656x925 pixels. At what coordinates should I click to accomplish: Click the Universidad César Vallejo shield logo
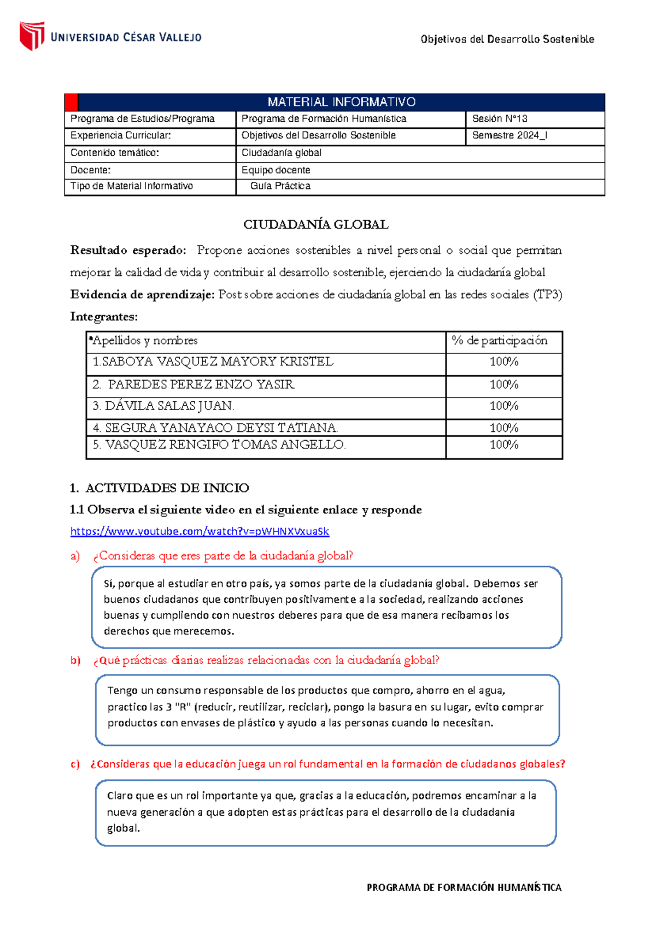(x=32, y=36)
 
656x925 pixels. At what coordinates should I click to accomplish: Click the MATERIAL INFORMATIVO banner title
(x=341, y=102)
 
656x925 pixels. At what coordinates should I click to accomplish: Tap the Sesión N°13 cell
(x=499, y=119)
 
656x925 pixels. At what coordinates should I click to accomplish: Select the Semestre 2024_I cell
(x=509, y=135)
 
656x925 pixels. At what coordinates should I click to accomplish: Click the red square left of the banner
(x=71, y=102)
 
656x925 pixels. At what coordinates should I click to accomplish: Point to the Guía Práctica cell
(x=280, y=186)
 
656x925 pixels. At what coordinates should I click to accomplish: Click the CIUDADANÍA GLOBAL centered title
(x=315, y=224)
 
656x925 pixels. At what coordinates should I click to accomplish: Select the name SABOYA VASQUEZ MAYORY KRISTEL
(x=213, y=362)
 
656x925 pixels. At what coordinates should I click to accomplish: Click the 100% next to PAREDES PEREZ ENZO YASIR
(x=503, y=385)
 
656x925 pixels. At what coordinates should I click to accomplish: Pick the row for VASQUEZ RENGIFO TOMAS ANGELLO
(x=219, y=445)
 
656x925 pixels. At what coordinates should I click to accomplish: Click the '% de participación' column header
(x=499, y=341)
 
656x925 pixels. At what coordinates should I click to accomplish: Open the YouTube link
(x=200, y=531)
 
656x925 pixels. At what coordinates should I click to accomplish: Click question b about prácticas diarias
(x=266, y=660)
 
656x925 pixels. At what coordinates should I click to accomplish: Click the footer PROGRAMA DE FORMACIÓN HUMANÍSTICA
(x=464, y=888)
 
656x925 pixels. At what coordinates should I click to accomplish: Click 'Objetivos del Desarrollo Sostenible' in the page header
(x=507, y=39)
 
